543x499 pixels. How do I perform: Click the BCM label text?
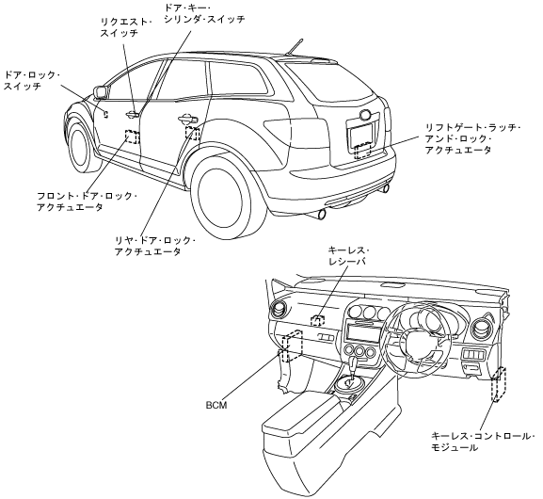tap(216, 405)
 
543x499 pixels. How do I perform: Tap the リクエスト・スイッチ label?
tap(126, 27)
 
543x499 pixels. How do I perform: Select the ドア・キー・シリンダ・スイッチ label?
tap(204, 13)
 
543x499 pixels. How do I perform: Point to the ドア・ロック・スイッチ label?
tap(32, 80)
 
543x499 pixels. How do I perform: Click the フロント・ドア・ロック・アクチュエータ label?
tap(88, 201)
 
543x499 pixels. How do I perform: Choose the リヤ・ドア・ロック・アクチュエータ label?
tap(155, 246)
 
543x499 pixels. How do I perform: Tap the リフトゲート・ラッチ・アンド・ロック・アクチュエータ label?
tap(473, 139)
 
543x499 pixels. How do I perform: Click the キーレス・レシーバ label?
tap(348, 256)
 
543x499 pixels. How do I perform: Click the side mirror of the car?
tap(100, 92)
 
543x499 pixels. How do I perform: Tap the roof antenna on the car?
tap(295, 46)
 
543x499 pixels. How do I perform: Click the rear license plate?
tap(362, 136)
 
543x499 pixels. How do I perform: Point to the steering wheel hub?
tap(415, 343)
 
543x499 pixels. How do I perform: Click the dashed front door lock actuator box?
tap(132, 137)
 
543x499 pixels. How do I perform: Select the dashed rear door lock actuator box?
tap(192, 133)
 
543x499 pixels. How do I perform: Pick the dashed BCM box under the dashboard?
tap(292, 346)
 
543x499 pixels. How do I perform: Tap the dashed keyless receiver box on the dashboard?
tap(318, 320)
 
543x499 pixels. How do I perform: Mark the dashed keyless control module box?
tap(499, 384)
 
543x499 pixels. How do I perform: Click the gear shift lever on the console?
tap(354, 368)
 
